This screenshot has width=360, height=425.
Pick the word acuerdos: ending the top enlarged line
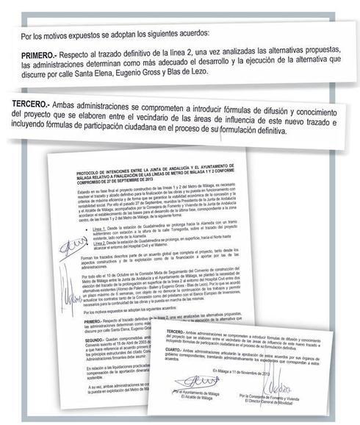[x=191, y=34]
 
